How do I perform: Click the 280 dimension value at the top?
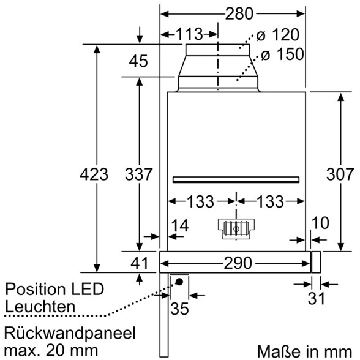coord(239,13)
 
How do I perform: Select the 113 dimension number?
coord(189,34)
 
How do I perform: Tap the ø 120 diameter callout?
coord(278,35)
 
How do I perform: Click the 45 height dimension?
coord(138,61)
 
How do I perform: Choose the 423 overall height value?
coord(94,174)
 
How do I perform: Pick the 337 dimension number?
coord(138,174)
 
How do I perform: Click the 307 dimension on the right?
coord(340,174)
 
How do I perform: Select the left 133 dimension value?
coord(201,201)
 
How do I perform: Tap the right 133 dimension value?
coord(270,201)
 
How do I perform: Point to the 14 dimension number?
coord(180,226)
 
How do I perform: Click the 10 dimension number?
coord(321,223)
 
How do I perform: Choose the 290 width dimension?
coord(238,263)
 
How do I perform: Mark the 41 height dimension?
coord(140,263)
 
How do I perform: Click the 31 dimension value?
coord(317,299)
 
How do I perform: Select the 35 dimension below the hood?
coord(179,309)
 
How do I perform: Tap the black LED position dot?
coord(179,282)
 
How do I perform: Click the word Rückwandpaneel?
coord(70,333)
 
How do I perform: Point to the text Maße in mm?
coord(304,351)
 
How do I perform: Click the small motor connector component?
coord(236,229)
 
